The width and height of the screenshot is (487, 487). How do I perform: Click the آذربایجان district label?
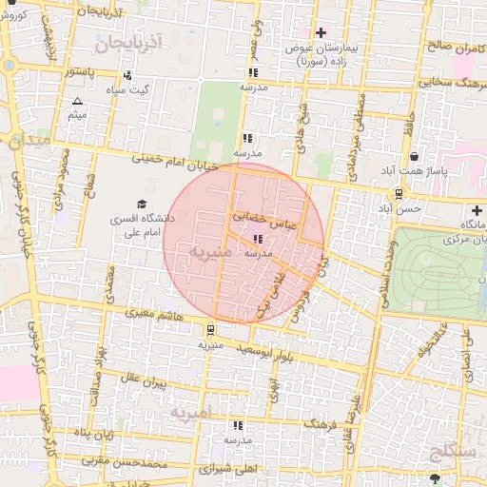pyautogui.click(x=130, y=42)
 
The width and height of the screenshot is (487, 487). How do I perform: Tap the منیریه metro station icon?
pyautogui.click(x=208, y=330)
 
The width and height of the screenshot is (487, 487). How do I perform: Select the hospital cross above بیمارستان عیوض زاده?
pyautogui.click(x=321, y=32)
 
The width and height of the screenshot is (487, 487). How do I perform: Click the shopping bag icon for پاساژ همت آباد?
pyautogui.click(x=414, y=157)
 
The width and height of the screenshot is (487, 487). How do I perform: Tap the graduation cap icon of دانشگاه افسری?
pyautogui.click(x=142, y=205)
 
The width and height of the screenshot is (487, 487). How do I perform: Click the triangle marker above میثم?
pyautogui.click(x=77, y=101)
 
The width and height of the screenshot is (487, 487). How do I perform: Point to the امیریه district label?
pyautogui.click(x=194, y=414)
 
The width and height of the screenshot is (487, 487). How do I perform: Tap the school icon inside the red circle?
pyautogui.click(x=259, y=240)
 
